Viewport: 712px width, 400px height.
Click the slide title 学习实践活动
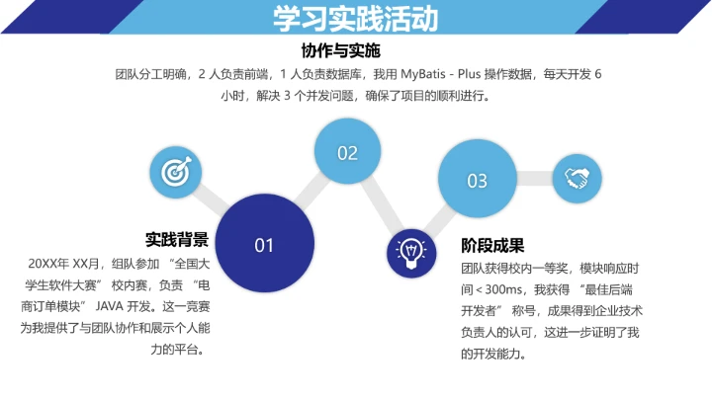(355, 21)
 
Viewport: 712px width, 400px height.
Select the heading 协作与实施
(340, 50)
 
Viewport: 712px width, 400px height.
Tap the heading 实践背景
(177, 239)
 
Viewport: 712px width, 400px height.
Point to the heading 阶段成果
(492, 246)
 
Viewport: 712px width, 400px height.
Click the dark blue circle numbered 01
(264, 244)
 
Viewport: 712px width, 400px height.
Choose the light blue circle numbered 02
(347, 153)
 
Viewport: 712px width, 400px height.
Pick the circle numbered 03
(478, 180)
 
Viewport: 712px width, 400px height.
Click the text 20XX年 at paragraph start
(49, 264)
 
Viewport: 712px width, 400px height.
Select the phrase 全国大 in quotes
(192, 264)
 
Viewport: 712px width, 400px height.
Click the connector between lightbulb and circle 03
(439, 220)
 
